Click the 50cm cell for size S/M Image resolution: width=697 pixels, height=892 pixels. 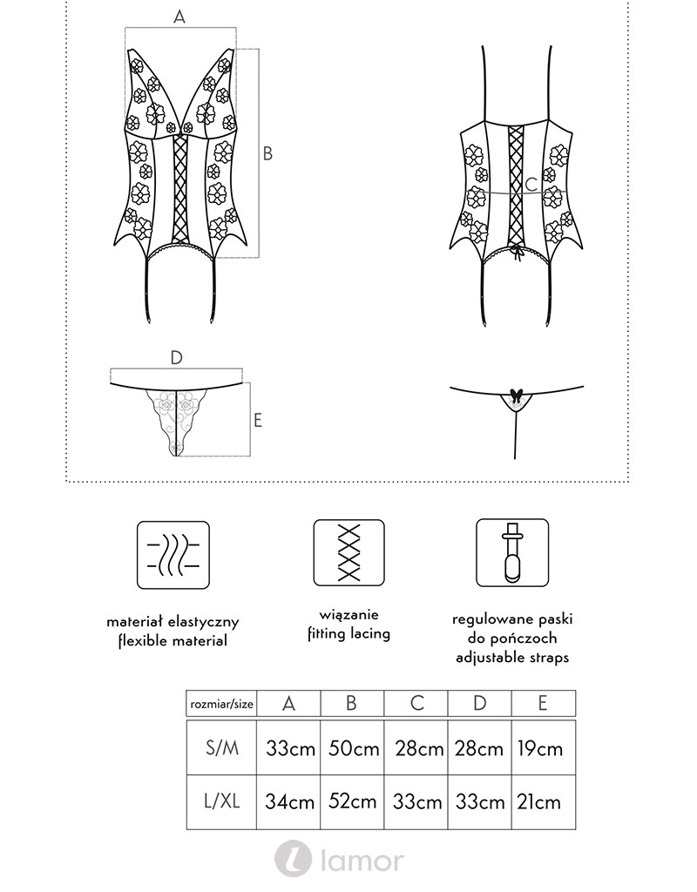(x=352, y=749)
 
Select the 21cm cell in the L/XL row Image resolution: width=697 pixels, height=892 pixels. (x=543, y=802)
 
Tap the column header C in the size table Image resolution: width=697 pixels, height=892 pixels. (x=416, y=703)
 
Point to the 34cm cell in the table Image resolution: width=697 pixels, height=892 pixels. (x=289, y=802)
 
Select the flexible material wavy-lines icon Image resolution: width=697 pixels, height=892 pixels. (x=173, y=555)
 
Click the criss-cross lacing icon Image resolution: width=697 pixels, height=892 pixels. (x=348, y=553)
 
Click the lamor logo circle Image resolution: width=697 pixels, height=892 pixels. (x=293, y=860)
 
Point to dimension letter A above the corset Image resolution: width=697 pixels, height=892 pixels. (x=179, y=17)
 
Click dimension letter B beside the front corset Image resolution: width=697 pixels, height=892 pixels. (x=267, y=153)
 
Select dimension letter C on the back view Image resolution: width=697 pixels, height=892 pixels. (x=531, y=185)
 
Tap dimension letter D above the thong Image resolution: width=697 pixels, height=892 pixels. (x=176, y=358)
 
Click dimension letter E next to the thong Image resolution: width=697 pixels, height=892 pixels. (x=258, y=420)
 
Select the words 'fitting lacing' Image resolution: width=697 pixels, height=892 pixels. (x=348, y=634)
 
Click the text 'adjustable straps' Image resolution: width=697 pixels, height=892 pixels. (x=512, y=658)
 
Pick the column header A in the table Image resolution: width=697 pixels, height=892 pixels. (x=289, y=703)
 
